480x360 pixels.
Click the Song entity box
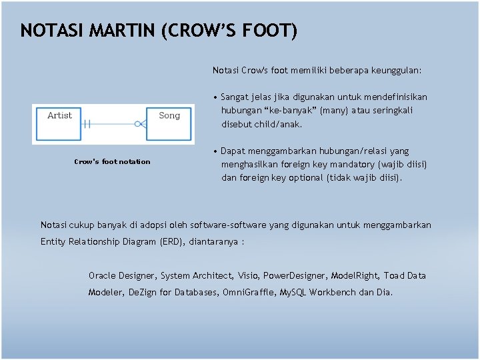point(169,123)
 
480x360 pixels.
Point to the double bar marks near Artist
point(87,123)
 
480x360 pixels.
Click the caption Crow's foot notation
point(112,161)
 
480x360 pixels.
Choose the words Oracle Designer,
point(123,275)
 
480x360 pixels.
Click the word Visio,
point(248,275)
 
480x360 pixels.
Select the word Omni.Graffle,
point(249,292)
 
